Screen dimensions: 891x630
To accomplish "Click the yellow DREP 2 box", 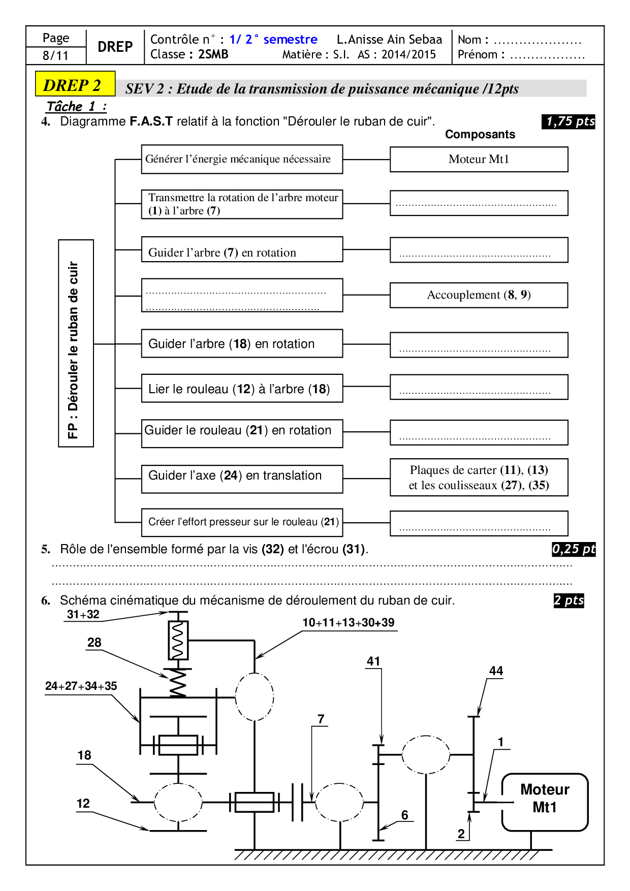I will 75,84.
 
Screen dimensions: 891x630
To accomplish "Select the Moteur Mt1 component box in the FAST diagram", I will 479,160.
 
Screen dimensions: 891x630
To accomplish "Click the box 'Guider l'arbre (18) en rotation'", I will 242,344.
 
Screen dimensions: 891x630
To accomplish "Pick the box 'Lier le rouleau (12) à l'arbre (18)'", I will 242,389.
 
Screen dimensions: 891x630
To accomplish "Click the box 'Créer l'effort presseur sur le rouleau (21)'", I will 242,522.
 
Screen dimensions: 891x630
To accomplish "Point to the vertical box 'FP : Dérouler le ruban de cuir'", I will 76,343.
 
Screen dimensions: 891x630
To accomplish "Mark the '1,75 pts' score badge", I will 569,121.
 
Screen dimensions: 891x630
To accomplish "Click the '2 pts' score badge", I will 569,600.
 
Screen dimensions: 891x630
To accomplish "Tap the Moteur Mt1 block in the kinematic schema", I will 545,801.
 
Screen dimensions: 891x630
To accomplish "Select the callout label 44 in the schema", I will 496,671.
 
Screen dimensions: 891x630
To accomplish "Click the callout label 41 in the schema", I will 373,661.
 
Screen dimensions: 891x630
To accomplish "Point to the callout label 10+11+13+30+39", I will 349,623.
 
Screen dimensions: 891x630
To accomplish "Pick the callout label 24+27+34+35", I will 81,686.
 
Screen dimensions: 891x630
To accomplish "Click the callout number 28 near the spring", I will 94,643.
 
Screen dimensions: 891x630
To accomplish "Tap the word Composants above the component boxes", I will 480,134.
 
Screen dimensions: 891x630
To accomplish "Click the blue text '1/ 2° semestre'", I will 273,40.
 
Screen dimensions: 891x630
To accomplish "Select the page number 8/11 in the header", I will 56,55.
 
